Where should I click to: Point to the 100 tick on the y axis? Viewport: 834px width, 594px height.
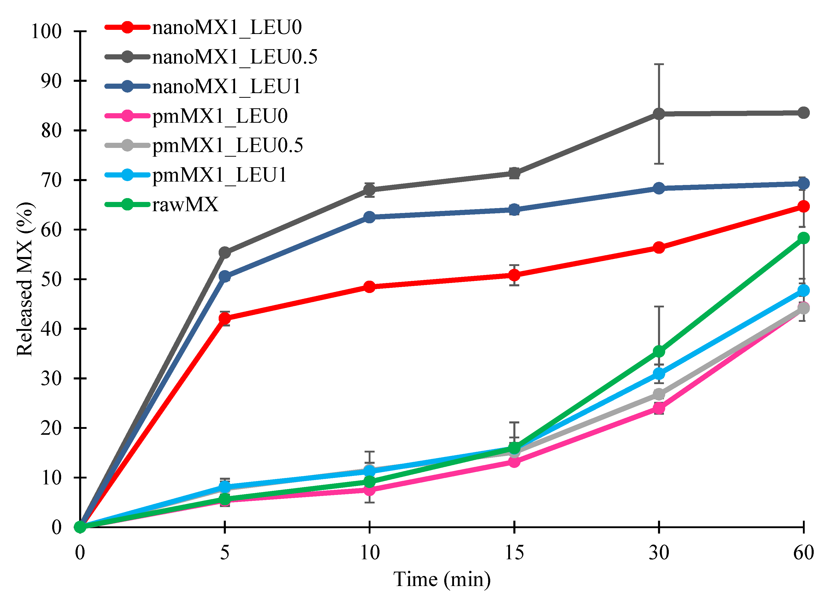tap(47, 31)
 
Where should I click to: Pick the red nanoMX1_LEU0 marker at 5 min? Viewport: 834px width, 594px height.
tap(225, 318)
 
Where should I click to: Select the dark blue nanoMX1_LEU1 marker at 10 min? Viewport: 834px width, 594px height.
tap(369, 217)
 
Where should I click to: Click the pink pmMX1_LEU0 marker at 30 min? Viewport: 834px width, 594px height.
tap(659, 407)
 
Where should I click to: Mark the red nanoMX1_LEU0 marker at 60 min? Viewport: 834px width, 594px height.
tap(803, 207)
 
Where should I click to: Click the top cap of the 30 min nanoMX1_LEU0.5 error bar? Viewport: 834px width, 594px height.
tap(659, 64)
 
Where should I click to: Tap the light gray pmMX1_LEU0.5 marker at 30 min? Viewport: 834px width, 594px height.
tap(659, 395)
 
